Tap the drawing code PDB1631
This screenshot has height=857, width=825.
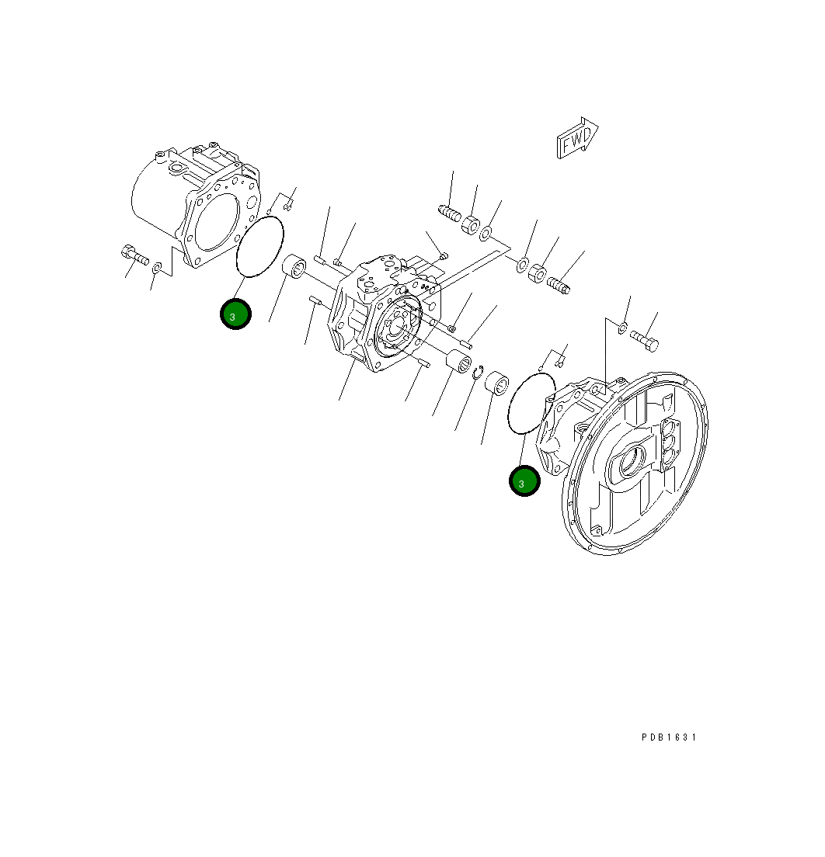click(669, 737)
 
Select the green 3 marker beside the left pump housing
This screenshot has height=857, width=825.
click(235, 314)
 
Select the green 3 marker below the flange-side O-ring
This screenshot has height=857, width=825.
click(524, 481)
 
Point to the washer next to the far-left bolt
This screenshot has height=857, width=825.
click(157, 268)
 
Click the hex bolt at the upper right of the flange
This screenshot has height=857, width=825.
click(644, 340)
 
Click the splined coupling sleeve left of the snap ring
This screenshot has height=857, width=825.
click(458, 362)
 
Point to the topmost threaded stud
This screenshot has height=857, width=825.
click(451, 212)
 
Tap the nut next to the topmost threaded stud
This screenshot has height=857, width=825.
click(471, 225)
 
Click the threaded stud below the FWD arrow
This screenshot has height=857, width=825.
click(559, 285)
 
